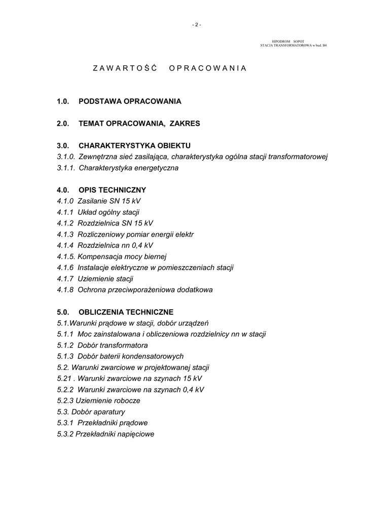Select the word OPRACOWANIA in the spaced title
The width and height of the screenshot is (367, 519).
[208, 68]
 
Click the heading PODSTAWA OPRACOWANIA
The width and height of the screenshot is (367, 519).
[130, 101]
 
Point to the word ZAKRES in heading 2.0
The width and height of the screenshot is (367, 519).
[185, 123]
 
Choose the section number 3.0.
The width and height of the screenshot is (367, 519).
[63, 145]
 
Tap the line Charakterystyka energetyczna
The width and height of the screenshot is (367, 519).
[128, 168]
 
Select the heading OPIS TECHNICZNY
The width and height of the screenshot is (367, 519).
[112, 190]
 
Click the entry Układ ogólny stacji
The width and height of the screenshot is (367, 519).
[108, 212]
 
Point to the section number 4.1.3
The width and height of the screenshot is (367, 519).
[65, 235]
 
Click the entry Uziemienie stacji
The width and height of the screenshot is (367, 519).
[105, 279]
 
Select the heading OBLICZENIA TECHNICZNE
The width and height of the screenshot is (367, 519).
[126, 312]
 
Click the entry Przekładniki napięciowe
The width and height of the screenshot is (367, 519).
[115, 434]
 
